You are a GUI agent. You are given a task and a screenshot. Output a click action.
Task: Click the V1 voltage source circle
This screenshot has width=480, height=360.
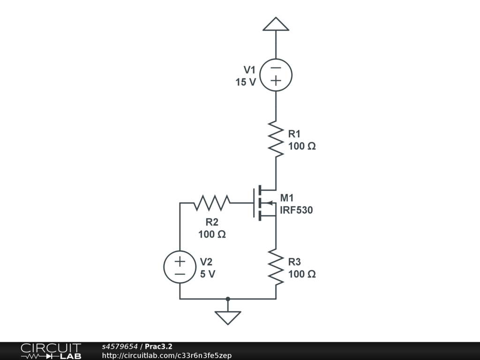pos(276,75)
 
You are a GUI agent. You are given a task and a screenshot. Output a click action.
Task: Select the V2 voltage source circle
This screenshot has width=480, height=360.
pos(180,267)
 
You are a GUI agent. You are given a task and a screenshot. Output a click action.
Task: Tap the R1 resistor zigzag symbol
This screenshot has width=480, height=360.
pos(276,139)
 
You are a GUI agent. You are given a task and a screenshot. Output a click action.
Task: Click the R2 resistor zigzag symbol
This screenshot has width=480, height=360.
pos(212,203)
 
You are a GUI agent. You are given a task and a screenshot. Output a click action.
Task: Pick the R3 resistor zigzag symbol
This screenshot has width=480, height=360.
pos(276,267)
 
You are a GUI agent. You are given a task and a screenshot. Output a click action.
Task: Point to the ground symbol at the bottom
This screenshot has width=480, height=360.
pos(228,317)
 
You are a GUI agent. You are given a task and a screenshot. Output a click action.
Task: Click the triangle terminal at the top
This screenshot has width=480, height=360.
pos(276,24)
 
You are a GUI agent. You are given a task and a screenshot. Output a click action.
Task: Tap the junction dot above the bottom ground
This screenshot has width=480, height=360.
pos(228,299)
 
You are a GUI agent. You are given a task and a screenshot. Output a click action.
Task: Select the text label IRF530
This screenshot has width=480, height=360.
pos(296,210)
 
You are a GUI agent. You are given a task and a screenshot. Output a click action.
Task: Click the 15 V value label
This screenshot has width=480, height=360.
pos(246,82)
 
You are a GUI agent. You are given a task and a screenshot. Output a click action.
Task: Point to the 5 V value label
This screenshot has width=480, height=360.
pos(208,274)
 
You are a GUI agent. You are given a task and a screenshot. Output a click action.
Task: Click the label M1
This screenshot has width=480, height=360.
pos(287,198)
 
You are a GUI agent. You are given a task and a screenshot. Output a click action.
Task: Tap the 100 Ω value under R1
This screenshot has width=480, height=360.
pos(302,146)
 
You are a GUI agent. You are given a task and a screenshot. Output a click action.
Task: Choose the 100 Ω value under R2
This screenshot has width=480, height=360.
pos(212,234)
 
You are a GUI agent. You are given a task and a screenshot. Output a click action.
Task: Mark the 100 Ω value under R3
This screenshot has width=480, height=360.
pos(302,274)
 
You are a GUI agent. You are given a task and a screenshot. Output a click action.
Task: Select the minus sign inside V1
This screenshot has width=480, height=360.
pos(276,68)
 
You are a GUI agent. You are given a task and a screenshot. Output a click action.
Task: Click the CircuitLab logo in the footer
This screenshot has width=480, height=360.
pos(51,351)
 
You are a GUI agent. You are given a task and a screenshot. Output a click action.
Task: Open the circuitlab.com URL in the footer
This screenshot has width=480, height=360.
pos(166,355)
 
